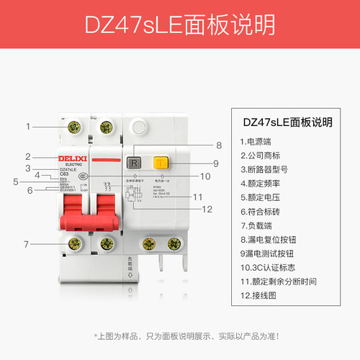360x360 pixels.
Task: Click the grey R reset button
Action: [x=133, y=163]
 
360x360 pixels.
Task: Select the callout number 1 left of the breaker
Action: [x=28, y=126]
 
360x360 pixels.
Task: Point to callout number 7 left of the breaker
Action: [x=27, y=243]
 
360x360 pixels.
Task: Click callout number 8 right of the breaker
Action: [x=218, y=145]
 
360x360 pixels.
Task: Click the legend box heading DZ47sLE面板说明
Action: [x=287, y=122]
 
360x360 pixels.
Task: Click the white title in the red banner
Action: [x=179, y=26]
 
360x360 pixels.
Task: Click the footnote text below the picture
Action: [x=180, y=336]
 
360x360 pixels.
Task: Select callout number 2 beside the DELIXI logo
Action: [x=27, y=156]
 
